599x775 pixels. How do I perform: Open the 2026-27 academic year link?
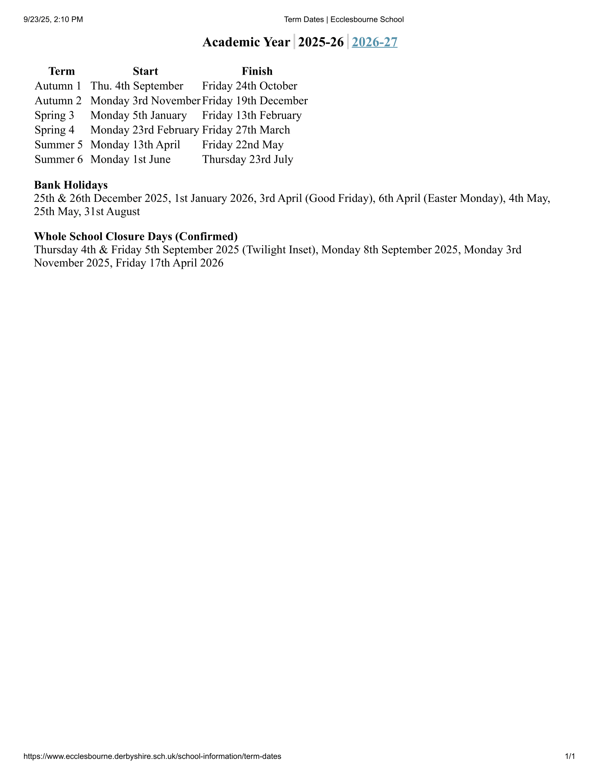coord(374,42)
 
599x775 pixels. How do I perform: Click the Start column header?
coord(145,71)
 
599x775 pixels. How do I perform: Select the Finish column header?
coord(257,71)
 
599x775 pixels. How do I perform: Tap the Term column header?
coord(61,71)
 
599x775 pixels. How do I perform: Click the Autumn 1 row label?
coord(58,86)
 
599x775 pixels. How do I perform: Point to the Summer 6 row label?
coord(58,159)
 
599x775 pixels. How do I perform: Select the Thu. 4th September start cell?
coord(137,86)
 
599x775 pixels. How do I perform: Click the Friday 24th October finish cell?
coord(249,86)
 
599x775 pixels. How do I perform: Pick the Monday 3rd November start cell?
coord(145,101)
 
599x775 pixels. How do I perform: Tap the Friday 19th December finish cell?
coord(254,101)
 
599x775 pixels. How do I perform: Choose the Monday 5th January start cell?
coord(138,115)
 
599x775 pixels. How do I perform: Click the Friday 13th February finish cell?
coord(252,115)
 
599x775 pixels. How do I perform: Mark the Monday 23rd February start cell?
coord(144,130)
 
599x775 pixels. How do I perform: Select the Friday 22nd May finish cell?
coord(243,145)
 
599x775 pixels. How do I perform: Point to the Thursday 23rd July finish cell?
coord(247,159)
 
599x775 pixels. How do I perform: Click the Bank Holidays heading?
coord(70,185)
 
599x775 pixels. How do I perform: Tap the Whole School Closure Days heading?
coord(136,236)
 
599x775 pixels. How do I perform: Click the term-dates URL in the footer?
coord(152,756)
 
